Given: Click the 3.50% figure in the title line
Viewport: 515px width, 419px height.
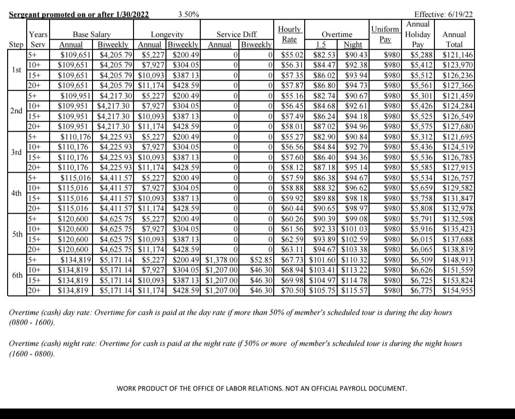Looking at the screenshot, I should pyautogui.click(x=188, y=14).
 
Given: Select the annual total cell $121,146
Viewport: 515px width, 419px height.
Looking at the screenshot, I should pyautogui.click(x=458, y=55).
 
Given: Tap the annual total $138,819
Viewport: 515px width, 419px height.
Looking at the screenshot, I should pyautogui.click(x=458, y=249).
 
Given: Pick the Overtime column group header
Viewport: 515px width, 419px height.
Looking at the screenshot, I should pyautogui.click(x=337, y=35).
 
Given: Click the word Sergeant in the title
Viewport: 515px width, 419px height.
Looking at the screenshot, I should pyautogui.click(x=26, y=14).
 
